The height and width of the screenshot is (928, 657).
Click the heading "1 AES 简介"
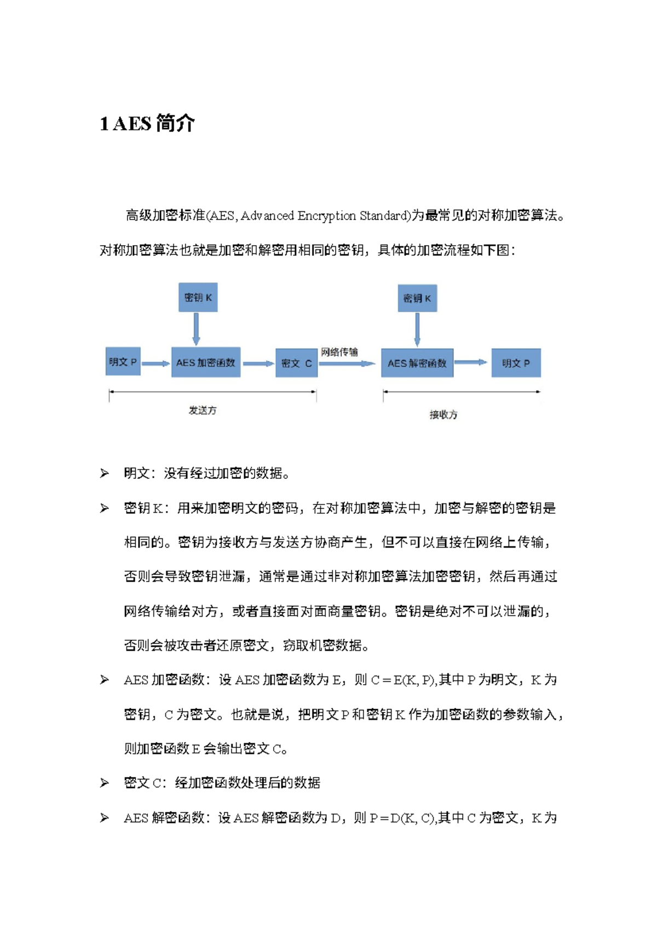(x=147, y=124)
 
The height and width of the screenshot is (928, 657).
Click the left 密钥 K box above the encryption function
(x=198, y=298)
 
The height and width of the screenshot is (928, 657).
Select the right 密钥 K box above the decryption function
(x=417, y=298)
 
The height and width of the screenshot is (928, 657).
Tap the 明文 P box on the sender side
(x=123, y=362)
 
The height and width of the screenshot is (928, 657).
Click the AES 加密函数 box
(x=205, y=362)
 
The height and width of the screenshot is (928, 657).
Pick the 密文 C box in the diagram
(x=296, y=363)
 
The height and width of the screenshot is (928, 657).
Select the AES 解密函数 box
(x=417, y=363)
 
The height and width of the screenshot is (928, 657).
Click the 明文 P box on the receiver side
(x=516, y=363)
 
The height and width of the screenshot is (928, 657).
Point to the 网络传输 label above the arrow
(x=339, y=352)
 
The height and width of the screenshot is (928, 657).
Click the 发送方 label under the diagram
(x=203, y=410)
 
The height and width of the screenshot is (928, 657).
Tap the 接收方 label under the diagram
(x=443, y=415)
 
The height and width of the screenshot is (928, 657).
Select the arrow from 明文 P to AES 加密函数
(x=155, y=363)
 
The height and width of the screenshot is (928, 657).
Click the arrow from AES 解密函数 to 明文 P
(x=471, y=362)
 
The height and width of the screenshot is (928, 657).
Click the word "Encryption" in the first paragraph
(x=327, y=216)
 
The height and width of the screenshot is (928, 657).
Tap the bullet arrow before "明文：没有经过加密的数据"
(x=104, y=473)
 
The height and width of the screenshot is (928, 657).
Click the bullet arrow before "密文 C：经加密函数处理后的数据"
(x=104, y=783)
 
